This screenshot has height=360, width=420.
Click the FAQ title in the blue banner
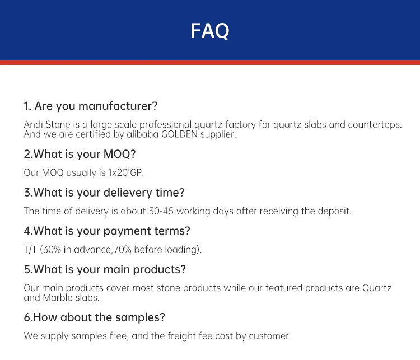tap(210, 31)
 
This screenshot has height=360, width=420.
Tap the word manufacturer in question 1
tap(118, 106)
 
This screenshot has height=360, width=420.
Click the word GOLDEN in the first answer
tap(179, 134)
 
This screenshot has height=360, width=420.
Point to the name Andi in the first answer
tap(34, 124)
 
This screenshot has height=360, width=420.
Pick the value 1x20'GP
tap(126, 172)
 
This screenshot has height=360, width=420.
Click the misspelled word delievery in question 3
tap(128, 193)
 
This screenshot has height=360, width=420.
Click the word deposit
tap(335, 211)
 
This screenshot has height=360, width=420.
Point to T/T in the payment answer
tap(30, 250)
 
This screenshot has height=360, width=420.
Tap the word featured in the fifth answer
tap(284, 288)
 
